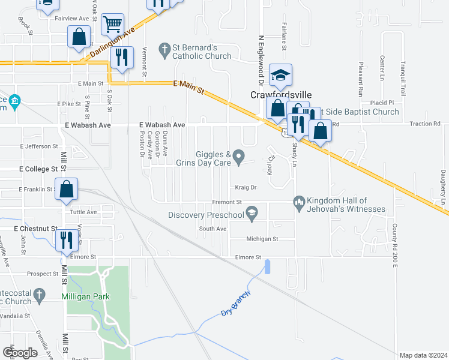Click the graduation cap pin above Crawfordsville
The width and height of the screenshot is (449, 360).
point(280,76)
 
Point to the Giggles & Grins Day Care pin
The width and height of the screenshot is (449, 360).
point(238,158)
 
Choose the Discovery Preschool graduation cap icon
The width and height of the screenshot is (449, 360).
point(252,213)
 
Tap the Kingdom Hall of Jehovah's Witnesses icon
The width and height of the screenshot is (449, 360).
point(298,204)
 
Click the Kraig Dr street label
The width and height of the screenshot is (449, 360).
point(246,187)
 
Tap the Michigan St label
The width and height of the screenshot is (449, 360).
point(262,239)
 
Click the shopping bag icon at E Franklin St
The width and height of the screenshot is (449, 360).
point(68,188)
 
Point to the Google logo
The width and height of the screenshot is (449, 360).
point(20,352)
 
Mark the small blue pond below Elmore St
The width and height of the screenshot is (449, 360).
point(267,266)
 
